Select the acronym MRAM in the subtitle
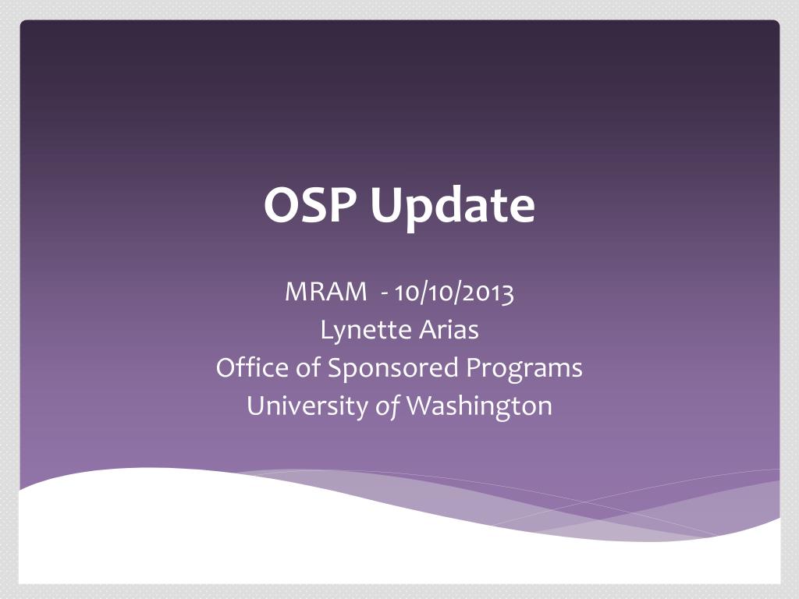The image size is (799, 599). coord(325,292)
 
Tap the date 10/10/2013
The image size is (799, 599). coord(454,293)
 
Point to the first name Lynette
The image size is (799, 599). coord(357,331)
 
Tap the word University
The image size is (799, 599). coord(307,406)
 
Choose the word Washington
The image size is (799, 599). coord(479,406)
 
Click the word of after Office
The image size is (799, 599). coord(308,367)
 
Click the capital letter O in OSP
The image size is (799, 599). coord(279,206)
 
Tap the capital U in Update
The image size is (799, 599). coord(385,206)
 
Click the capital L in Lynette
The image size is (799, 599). coord(325,330)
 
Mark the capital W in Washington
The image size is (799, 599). coord(420,406)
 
